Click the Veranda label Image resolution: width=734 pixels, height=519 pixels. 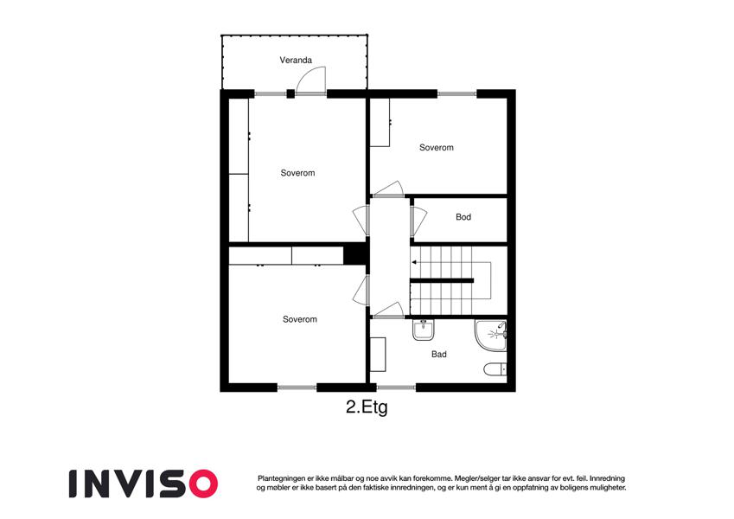(296, 60)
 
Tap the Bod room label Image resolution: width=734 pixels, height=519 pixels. (463, 217)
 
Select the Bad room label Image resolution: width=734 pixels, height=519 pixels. (438, 354)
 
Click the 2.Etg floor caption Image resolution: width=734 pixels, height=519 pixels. (367, 407)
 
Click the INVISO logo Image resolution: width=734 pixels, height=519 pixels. (144, 484)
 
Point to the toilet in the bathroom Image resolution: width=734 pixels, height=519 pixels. (495, 369)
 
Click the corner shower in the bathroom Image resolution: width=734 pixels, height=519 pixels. (491, 335)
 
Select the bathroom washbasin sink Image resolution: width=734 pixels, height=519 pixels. (424, 330)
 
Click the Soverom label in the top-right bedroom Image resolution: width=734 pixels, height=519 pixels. (437, 148)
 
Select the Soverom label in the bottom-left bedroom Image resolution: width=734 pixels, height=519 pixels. (300, 319)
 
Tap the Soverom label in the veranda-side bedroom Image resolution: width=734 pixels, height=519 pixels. (297, 173)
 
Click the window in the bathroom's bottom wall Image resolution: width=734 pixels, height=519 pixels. (396, 388)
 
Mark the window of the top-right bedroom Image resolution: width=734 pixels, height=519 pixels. (456, 94)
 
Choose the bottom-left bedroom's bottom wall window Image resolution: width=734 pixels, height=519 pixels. (297, 388)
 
